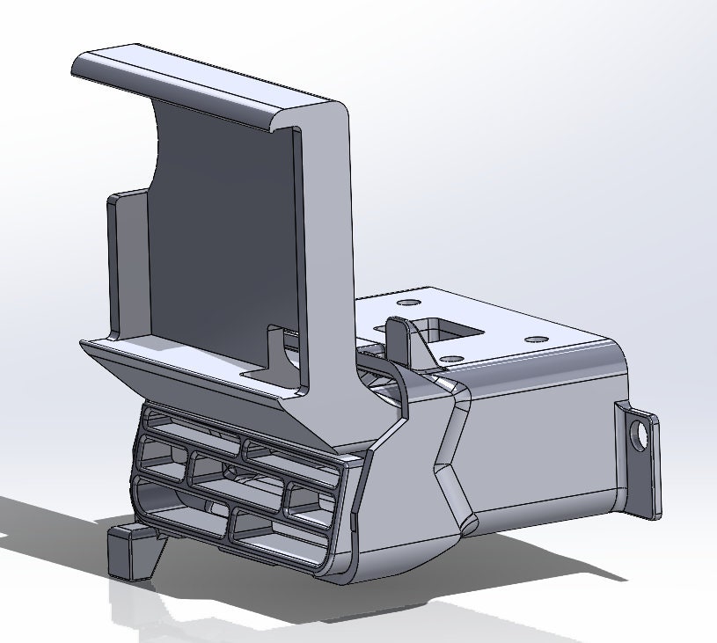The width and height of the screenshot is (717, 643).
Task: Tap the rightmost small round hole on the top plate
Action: (x=534, y=339)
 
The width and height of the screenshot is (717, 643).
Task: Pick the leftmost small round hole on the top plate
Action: (x=406, y=302)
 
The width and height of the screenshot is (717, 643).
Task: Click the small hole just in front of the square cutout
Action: (x=450, y=358)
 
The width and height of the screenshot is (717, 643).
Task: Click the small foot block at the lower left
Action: (x=131, y=551)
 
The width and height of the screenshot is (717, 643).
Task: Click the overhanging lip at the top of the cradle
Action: (x=202, y=84)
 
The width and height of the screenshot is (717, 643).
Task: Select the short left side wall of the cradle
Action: (x=126, y=264)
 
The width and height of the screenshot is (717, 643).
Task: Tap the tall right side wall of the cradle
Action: (x=330, y=264)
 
